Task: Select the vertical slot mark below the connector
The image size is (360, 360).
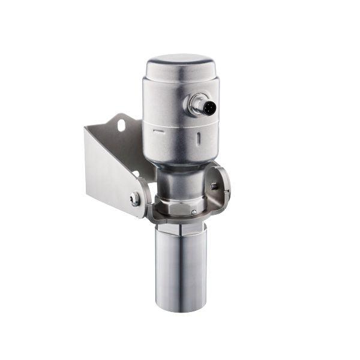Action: click(x=199, y=138)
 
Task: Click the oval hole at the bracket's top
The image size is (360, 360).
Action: click(x=121, y=125)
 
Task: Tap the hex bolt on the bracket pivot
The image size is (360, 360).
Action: click(x=136, y=199)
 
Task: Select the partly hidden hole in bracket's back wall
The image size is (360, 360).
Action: click(x=136, y=175)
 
